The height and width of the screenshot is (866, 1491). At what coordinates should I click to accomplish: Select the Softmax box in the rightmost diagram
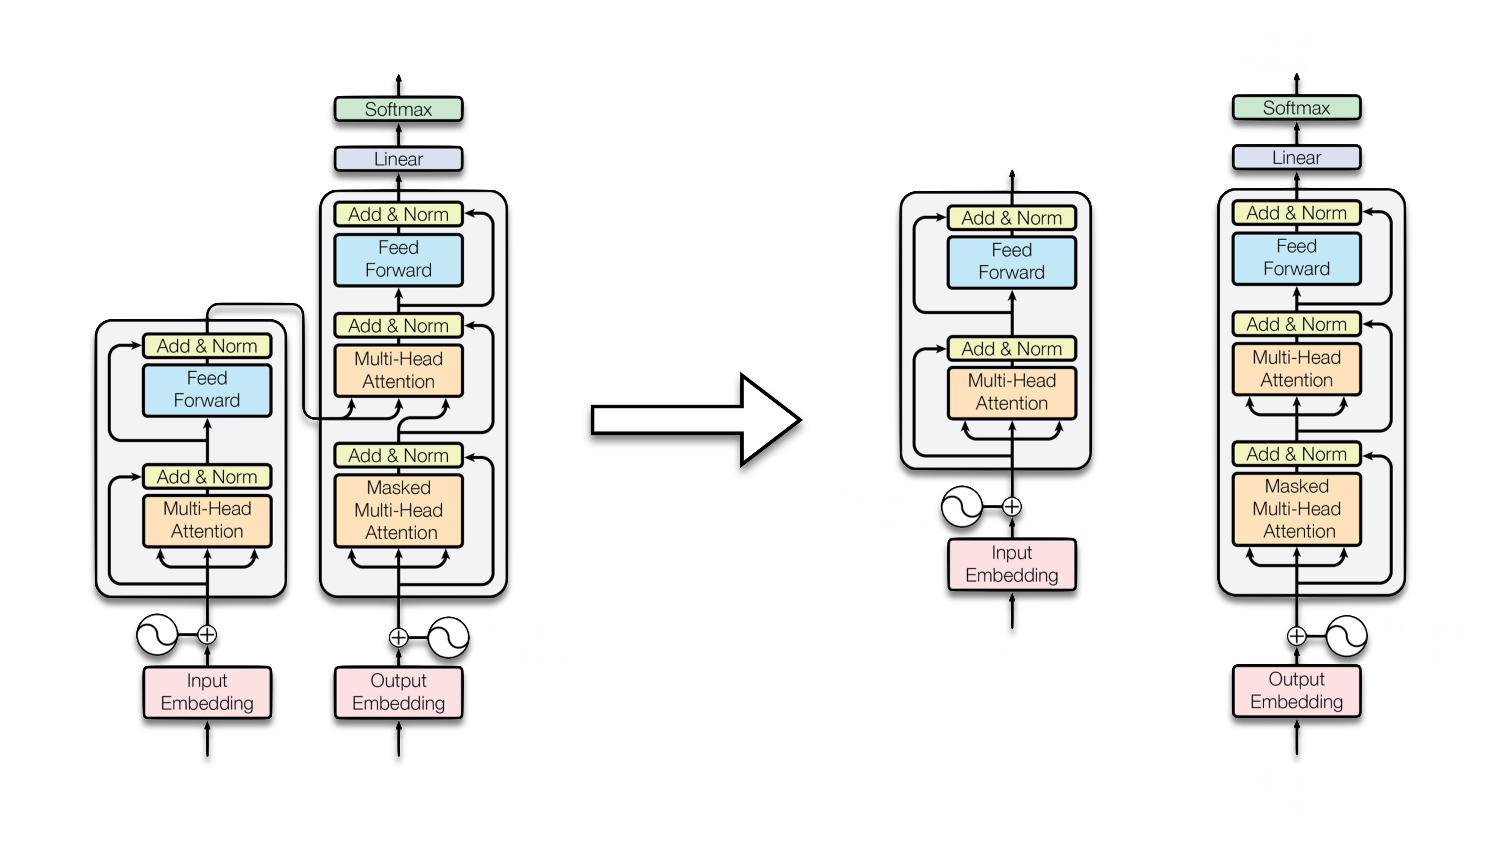coord(1296,108)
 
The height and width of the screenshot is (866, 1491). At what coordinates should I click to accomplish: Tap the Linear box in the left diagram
coord(398,159)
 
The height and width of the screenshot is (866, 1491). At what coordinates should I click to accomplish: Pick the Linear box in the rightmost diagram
coord(1296,158)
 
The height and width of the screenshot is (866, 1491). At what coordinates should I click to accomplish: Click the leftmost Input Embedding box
coord(207,692)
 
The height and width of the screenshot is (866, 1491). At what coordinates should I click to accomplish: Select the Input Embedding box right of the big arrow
coord(1012,564)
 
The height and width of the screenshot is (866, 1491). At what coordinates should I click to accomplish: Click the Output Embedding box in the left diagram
coord(398,692)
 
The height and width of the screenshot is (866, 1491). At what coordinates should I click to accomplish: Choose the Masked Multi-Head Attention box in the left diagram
coord(398,510)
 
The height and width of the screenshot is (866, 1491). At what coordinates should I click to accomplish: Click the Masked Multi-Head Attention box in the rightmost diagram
coord(1296,509)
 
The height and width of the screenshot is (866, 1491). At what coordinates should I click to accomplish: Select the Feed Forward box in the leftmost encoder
coord(207,390)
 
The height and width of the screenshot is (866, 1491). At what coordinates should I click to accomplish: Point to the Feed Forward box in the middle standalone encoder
coord(1012,261)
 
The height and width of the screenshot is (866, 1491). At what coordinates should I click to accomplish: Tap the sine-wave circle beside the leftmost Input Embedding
coord(157,635)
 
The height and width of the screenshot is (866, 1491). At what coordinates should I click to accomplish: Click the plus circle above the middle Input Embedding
coord(1012,507)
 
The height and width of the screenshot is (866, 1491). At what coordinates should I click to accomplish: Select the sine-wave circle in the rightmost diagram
coord(1346,636)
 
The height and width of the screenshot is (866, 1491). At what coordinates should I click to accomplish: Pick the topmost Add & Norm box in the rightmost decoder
coord(1296,213)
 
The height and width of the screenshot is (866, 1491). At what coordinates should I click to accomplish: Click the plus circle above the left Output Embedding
coord(399,638)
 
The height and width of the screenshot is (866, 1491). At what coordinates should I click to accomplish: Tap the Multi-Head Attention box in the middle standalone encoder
coord(1012,392)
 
